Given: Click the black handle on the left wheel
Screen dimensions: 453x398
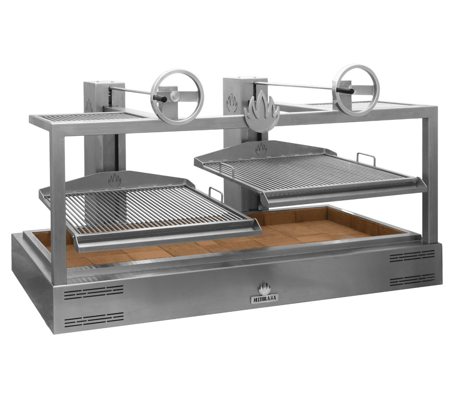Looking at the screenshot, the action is (160, 99).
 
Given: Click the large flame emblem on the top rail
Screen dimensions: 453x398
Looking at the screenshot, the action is (261, 111).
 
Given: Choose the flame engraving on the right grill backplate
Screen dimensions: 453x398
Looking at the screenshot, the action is (261, 149).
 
